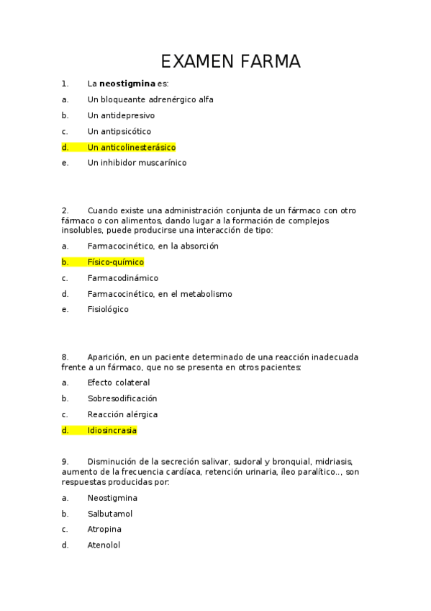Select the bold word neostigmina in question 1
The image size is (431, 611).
click(127, 84)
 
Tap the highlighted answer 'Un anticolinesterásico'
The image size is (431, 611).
click(132, 147)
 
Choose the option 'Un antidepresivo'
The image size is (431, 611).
click(121, 115)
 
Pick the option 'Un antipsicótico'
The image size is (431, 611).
click(119, 131)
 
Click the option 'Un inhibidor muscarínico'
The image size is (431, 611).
click(137, 163)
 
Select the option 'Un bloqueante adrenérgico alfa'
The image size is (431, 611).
click(150, 99)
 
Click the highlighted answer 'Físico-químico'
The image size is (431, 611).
click(116, 262)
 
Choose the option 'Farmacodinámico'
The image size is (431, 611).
click(123, 278)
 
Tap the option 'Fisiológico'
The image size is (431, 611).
click(108, 310)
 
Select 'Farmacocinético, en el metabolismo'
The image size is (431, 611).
click(160, 294)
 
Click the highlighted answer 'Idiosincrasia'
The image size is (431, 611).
click(112, 431)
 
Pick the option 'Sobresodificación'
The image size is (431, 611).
click(122, 398)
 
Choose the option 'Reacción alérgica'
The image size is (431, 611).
click(122, 414)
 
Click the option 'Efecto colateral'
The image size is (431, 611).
click(119, 383)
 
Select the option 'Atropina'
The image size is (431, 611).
click(104, 529)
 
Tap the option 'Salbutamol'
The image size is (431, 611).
click(110, 514)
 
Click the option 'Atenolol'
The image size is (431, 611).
click(104, 545)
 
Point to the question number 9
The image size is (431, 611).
click(65, 461)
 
